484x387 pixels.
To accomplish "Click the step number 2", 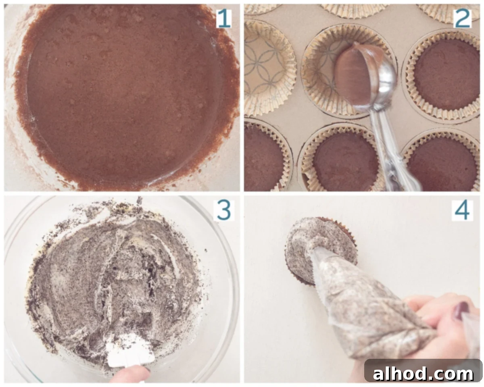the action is tap(462, 19).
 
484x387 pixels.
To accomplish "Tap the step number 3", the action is tap(224, 210).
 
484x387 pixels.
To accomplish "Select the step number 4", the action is tap(462, 210).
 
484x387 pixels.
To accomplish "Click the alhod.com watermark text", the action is tap(423, 374).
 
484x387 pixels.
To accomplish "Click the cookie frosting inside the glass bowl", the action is tap(113, 281).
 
